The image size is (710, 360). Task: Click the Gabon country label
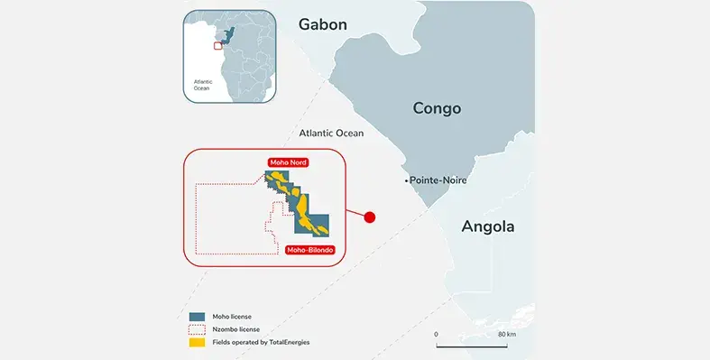[x=322, y=24]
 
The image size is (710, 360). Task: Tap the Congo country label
[x=437, y=108]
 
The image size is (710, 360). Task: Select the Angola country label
[x=487, y=226]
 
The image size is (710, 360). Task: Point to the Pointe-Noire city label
[x=438, y=180]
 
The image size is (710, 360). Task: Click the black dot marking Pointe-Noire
[x=406, y=181]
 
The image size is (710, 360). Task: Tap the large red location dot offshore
[x=368, y=217]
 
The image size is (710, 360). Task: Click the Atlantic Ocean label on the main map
[x=331, y=134]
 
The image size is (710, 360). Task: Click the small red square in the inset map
[x=217, y=44]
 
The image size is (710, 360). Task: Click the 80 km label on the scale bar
[x=506, y=335]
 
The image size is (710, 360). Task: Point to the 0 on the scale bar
[x=436, y=335]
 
